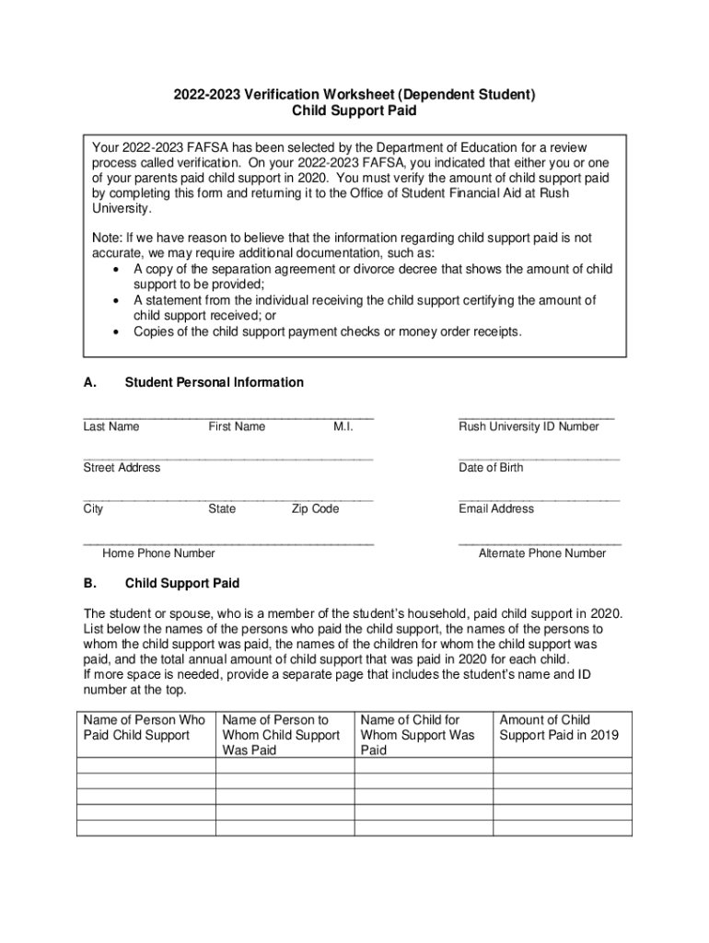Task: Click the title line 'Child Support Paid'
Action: [354, 111]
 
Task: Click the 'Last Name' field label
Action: [111, 426]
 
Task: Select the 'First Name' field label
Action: [237, 426]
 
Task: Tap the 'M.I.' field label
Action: [343, 426]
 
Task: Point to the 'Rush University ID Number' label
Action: [529, 426]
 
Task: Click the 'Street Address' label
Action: [122, 468]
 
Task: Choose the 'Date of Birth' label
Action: [491, 468]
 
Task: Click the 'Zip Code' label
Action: [315, 508]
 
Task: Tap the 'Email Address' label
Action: [496, 508]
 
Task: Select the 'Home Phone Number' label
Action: [158, 553]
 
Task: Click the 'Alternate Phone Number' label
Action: [542, 553]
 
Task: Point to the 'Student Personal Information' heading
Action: [214, 382]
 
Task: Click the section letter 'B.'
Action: [90, 584]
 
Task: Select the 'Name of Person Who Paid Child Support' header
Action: [145, 728]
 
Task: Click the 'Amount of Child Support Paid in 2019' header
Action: [559, 728]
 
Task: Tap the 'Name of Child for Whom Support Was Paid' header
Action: [418, 735]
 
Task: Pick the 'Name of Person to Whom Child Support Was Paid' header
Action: [281, 735]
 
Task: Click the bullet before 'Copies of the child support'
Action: [115, 332]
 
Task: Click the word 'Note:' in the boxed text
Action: [109, 238]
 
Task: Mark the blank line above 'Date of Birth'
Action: [539, 458]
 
